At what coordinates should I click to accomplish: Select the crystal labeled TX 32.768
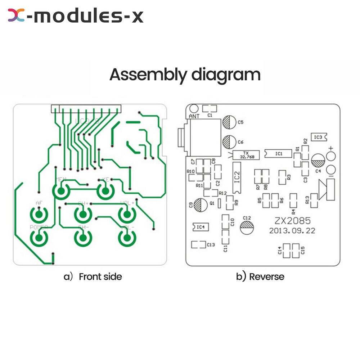tap(246, 155)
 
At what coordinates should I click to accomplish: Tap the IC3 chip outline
tap(318, 137)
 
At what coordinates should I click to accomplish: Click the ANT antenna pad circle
tap(194, 108)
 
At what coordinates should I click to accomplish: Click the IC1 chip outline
tap(278, 154)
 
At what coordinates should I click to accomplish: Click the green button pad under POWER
tap(39, 238)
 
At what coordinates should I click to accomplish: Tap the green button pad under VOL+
tap(126, 215)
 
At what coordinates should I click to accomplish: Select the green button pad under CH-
tap(83, 238)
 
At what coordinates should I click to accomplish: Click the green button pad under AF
tap(39, 215)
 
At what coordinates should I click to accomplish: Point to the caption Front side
tap(100, 276)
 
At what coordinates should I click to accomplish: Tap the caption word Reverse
tap(266, 276)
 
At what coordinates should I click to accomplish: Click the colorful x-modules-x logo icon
tap(16, 15)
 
